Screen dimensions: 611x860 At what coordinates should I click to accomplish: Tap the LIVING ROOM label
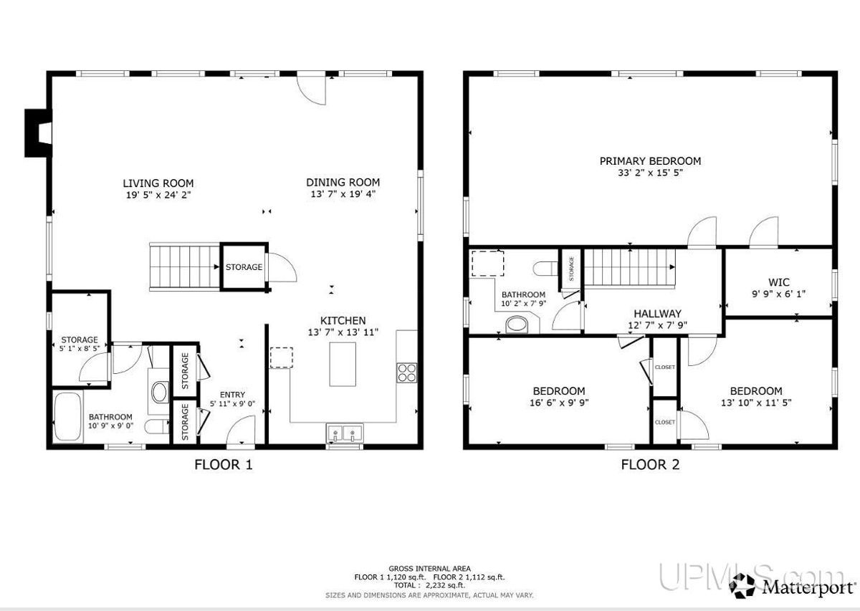[x=158, y=183]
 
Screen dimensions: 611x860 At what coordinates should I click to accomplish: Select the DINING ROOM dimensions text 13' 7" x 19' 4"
[x=343, y=193]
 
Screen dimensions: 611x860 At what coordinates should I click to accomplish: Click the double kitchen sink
[x=345, y=433]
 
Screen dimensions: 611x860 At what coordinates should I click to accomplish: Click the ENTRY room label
[x=232, y=395]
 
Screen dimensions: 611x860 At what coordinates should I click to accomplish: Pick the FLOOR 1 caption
[x=224, y=464]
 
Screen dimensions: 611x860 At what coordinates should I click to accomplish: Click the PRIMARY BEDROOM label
[x=650, y=161]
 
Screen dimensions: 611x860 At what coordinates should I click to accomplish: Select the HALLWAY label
[x=656, y=313]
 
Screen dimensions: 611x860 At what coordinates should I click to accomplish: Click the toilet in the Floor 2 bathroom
[x=546, y=267]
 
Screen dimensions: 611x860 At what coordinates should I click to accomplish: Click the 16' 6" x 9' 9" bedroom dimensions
[x=558, y=402]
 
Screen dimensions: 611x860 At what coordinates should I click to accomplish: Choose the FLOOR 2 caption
[x=649, y=464]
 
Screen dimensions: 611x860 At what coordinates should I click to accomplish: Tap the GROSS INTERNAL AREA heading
[x=430, y=568]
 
